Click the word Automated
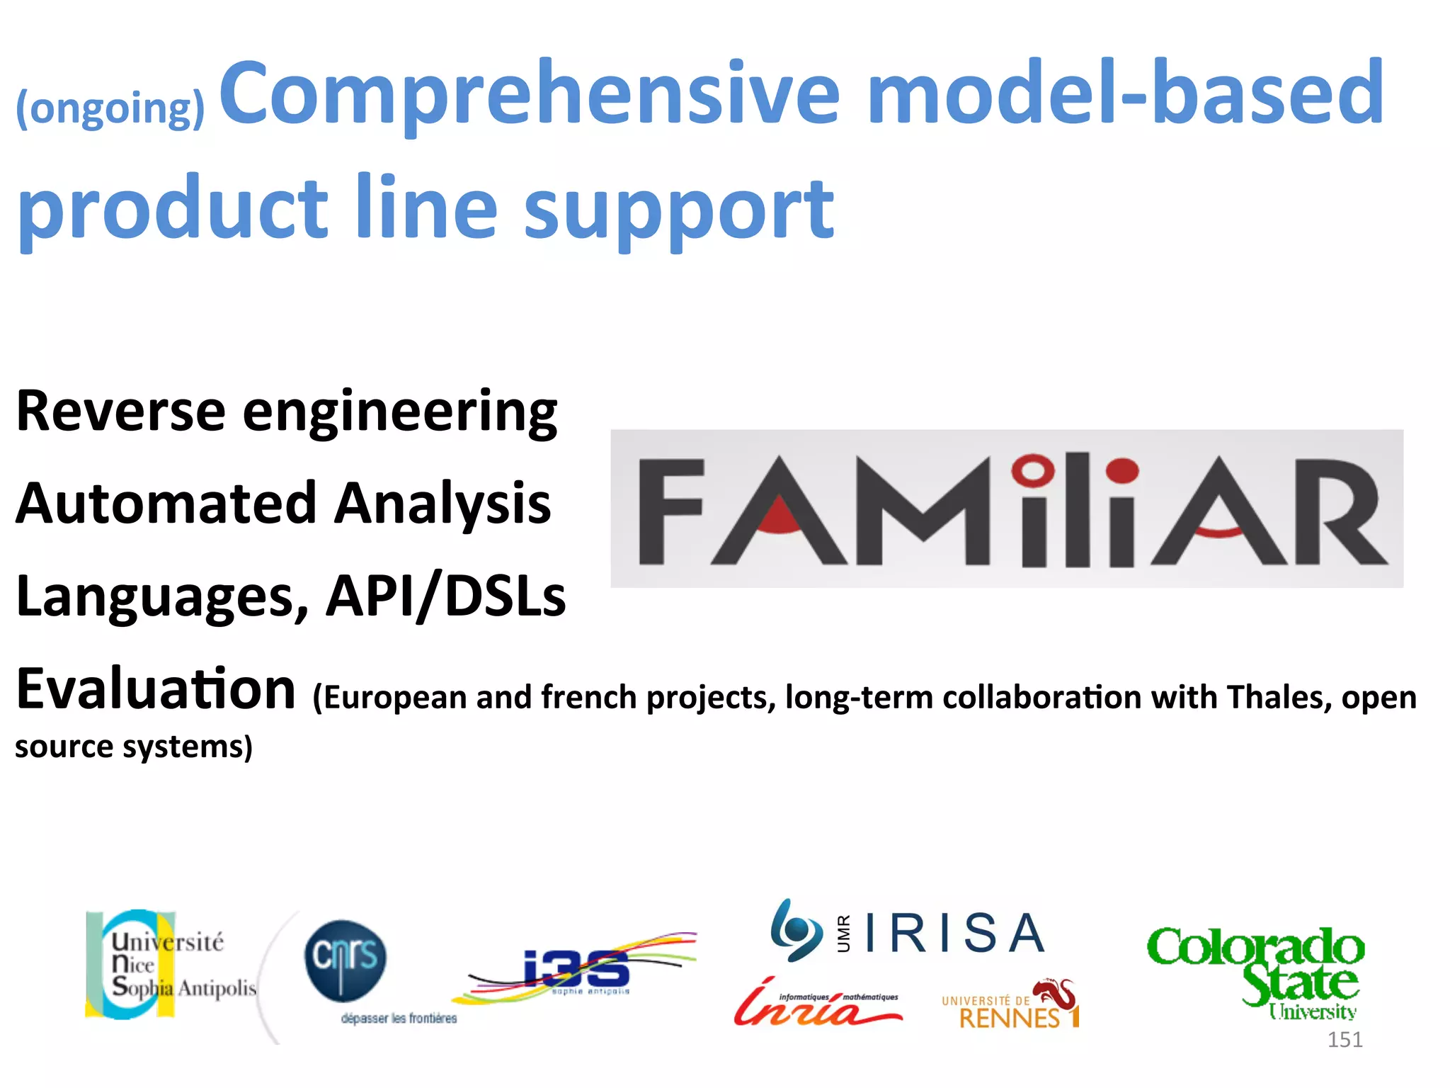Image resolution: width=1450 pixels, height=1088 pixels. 166,504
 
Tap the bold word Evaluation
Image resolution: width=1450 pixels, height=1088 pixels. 156,689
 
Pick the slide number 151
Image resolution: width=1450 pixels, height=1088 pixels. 1345,1039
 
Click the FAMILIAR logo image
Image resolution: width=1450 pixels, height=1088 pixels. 1006,508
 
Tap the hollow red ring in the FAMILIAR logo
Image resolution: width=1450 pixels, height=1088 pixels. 1033,470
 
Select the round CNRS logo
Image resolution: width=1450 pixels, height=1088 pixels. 346,960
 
